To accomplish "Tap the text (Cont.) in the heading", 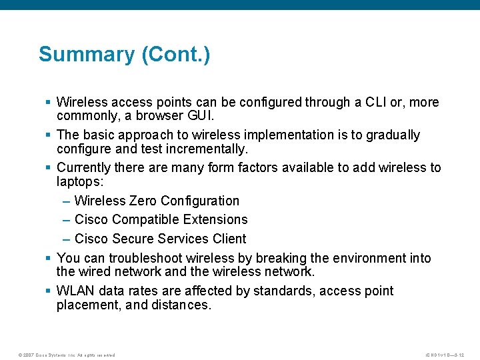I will point(176,55).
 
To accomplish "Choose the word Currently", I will point(84,167).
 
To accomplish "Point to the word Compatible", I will point(148,219).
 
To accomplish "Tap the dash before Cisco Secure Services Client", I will point(67,239).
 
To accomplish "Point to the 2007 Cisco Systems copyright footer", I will point(66,355).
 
